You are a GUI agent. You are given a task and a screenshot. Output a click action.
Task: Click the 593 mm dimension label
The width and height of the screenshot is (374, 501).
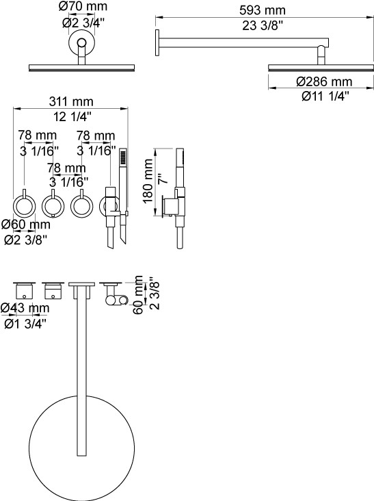263,10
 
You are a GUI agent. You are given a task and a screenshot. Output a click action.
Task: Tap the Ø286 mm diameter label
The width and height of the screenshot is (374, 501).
324,82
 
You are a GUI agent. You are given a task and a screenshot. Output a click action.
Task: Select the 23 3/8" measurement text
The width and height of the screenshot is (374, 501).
263,25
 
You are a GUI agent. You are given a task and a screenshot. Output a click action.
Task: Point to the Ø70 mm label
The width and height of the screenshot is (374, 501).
83,6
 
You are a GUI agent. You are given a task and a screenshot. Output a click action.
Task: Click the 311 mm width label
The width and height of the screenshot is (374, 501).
71,101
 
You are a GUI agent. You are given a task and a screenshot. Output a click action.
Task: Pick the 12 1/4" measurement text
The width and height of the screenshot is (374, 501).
72,117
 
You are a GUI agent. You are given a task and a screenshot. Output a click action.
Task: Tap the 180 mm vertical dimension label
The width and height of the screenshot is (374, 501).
148,181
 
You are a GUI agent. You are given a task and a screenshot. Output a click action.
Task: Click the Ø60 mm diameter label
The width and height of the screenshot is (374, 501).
26,224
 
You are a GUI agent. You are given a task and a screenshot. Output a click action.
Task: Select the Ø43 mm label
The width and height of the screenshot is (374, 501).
25,308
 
